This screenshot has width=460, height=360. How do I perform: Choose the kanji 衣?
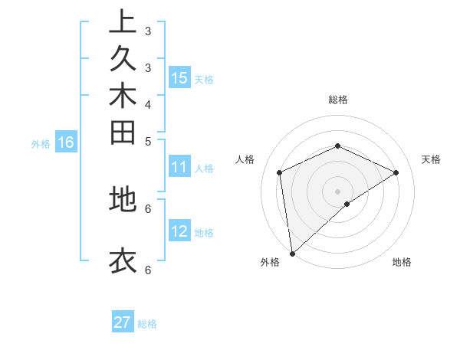pos(123,260)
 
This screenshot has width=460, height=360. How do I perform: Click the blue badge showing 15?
pos(179,78)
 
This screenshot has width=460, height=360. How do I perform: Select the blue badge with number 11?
pos(179,168)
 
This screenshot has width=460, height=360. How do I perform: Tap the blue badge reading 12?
pos(179,232)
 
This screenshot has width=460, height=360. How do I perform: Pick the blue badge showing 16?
pos(66,142)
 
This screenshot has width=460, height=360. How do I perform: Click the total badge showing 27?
pos(123,322)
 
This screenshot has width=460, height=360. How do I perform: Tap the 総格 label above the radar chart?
pos(337,100)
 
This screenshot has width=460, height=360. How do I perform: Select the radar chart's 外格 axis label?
pos(269,262)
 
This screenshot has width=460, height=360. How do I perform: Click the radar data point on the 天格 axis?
pos(396,172)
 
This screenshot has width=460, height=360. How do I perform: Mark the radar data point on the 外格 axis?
pos(292,254)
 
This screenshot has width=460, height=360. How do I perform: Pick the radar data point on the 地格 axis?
pos(347,204)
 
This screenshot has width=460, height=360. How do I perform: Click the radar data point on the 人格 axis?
pos(280,172)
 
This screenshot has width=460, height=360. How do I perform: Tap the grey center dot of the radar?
pos(337,191)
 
